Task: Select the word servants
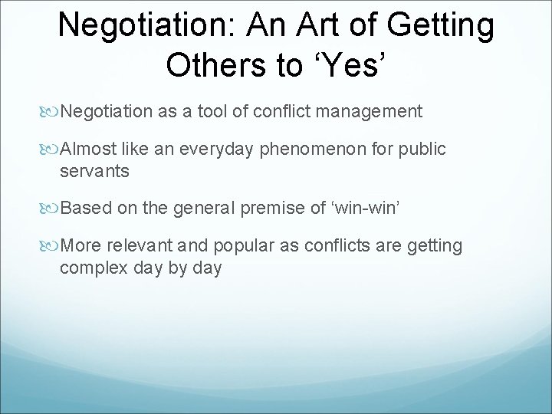pyautogui.click(x=95, y=172)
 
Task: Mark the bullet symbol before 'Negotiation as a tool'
pyautogui.click(x=52, y=113)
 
